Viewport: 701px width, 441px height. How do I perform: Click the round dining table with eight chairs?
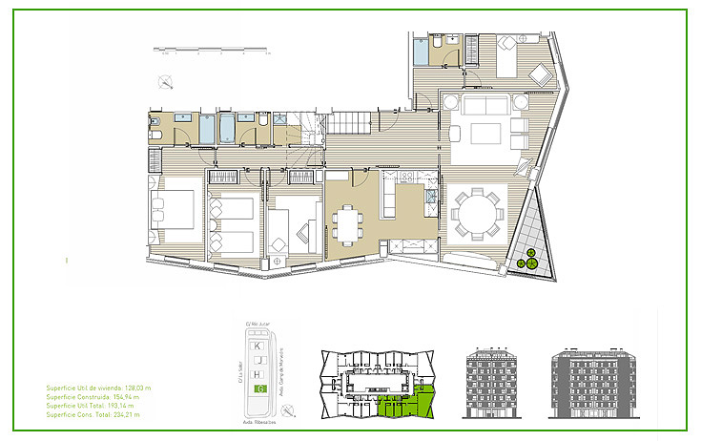click(476, 215)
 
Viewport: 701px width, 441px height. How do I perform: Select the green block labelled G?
click(260, 388)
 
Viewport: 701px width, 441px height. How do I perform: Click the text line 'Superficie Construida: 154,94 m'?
click(93, 398)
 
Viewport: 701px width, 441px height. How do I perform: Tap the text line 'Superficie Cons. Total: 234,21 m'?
click(93, 415)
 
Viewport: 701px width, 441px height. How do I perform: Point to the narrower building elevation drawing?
click(491, 382)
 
